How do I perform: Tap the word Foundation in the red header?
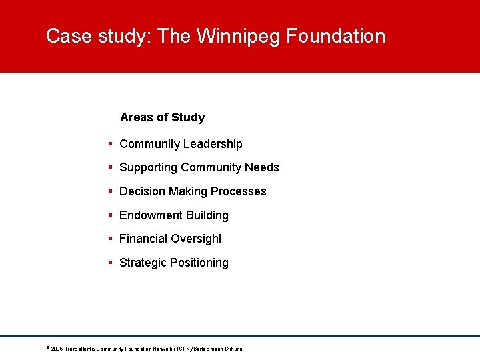pos(336,36)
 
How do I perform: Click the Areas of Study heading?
pos(162,117)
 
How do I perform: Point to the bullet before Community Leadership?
pos(110,144)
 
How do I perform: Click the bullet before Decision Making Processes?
pos(110,191)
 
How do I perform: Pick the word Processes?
pos(239,191)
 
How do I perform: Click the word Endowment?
pos(149,215)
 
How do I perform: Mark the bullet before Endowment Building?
pos(110,215)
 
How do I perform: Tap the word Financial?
pos(143,239)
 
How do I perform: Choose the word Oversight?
pos(196,239)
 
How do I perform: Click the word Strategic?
pos(143,263)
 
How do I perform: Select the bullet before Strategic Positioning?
pos(110,263)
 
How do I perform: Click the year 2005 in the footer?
pos(57,349)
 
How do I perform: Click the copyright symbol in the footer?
pos(48,348)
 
